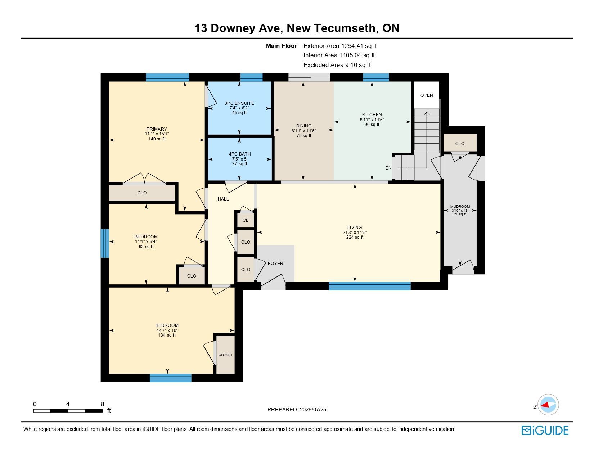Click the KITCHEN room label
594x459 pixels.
coord(372,115)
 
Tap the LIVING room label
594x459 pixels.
coord(355,228)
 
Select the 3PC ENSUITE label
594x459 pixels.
coord(239,103)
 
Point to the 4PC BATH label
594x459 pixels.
coord(240,154)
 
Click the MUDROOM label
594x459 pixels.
coord(460,207)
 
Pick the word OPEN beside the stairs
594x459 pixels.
coord(427,95)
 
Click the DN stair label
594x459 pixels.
coord(388,168)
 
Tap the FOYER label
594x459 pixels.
coord(275,263)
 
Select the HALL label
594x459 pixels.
coord(223,199)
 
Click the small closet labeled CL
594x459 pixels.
coord(246,220)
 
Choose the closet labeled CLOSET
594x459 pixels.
coord(225,355)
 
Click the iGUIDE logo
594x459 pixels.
coord(545,430)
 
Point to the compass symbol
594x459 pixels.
coord(548,405)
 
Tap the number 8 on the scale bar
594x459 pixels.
coord(103,404)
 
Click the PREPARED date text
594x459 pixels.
coord(297,410)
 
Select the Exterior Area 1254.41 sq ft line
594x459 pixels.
coord(340,46)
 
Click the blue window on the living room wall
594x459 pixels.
coord(370,286)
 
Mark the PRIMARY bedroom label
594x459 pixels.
coord(157,129)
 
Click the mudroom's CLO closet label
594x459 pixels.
coord(460,144)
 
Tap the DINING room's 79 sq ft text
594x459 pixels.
coord(304,136)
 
